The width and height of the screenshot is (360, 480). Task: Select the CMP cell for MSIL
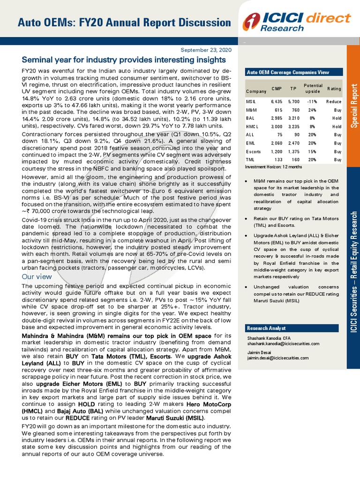276,101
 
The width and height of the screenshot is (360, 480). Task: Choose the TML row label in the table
250,160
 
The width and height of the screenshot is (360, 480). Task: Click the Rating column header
334,89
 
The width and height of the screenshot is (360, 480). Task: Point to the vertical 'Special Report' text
353,105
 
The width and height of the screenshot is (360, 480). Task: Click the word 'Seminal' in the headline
37,60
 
